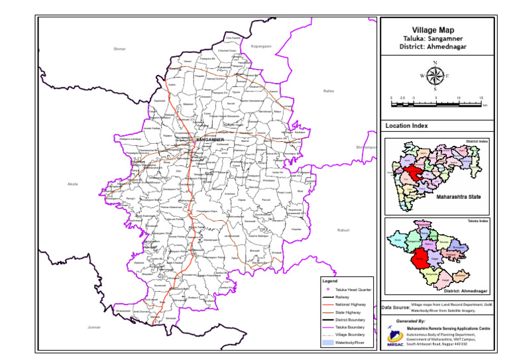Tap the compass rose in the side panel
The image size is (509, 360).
click(x=434, y=76)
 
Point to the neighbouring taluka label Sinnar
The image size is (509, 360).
click(x=119, y=49)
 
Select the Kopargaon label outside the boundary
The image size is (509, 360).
click(x=261, y=46)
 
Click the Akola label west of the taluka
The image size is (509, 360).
click(x=73, y=184)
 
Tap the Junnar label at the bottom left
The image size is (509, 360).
click(x=94, y=327)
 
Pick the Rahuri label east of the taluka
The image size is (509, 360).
click(x=343, y=230)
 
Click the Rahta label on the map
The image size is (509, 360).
click(x=328, y=91)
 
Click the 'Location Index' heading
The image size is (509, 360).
click(x=406, y=125)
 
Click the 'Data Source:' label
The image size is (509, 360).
click(x=395, y=308)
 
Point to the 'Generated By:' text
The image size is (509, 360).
click(x=411, y=320)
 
